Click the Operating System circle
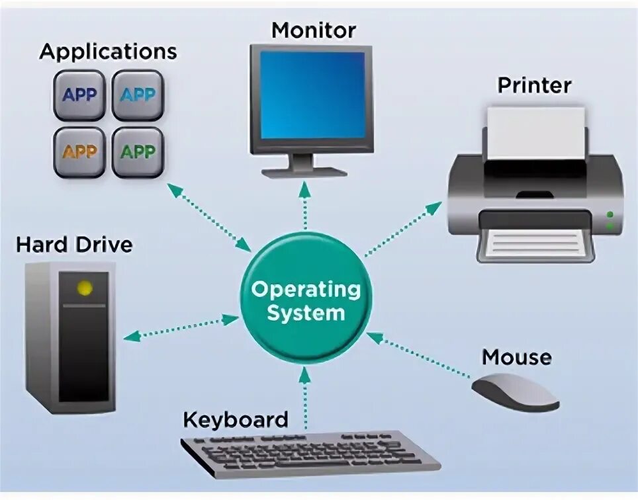(x=306, y=300)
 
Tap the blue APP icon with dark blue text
(x=79, y=95)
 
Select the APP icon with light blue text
(x=138, y=95)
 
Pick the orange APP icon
(x=79, y=152)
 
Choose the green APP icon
(x=138, y=152)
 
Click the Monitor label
(x=313, y=30)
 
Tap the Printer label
(x=534, y=85)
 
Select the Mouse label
(x=516, y=358)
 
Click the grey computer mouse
(x=515, y=392)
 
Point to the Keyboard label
(x=235, y=419)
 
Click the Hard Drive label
(x=74, y=245)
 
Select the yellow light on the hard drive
(x=85, y=288)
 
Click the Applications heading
(x=109, y=52)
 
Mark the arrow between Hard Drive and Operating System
(x=181, y=327)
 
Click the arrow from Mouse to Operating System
(x=418, y=356)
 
